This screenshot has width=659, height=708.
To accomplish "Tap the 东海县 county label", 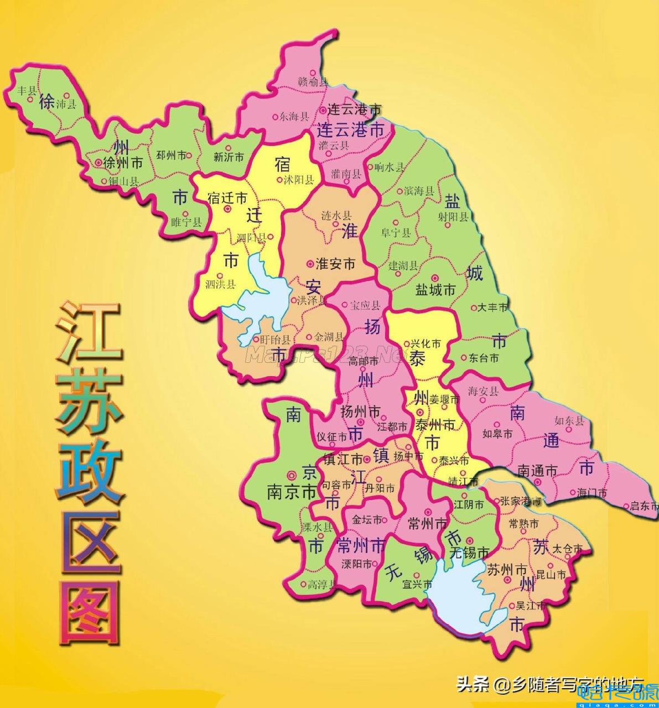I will [293, 116].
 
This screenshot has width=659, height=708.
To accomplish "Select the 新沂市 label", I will [229, 157].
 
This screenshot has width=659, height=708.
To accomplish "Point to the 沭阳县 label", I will [298, 180].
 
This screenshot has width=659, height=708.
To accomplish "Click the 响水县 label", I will [390, 166].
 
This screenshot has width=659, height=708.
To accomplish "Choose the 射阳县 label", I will [453, 216].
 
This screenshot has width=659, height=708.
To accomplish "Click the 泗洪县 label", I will [220, 284].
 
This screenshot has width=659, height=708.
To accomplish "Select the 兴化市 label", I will [426, 344].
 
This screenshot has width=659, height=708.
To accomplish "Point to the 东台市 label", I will [484, 358].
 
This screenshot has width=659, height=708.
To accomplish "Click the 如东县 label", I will [569, 420].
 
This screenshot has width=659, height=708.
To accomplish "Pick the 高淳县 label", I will [321, 584].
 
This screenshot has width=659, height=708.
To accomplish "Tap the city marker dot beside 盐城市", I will [435, 278].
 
